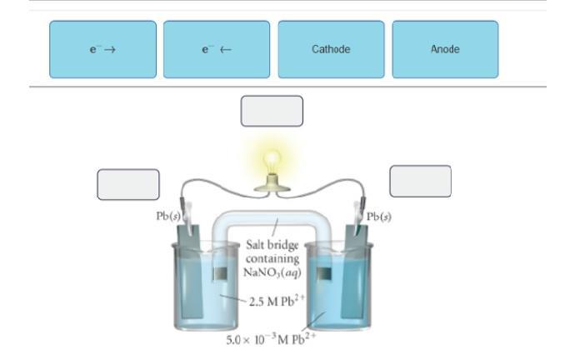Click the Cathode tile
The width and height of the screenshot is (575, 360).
(x=331, y=50)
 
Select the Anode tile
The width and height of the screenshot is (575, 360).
(x=445, y=50)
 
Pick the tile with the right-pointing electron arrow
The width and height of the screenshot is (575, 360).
(x=102, y=50)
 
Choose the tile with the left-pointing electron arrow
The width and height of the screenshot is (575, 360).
(x=217, y=50)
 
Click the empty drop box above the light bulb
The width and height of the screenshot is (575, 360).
(x=272, y=111)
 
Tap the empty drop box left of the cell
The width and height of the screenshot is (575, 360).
(x=128, y=184)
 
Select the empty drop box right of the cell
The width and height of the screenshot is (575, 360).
(x=420, y=181)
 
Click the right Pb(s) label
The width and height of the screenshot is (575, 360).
(x=379, y=217)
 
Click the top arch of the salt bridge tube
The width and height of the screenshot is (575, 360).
(x=272, y=218)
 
